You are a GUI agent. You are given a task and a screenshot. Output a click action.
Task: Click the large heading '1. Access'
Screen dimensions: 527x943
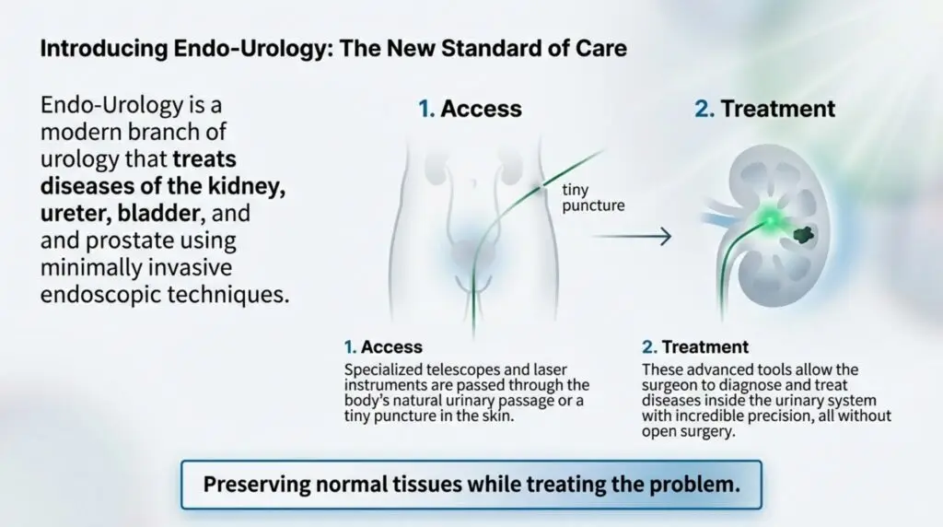pos(470,109)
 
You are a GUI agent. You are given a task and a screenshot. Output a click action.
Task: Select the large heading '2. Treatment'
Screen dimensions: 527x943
pos(764,109)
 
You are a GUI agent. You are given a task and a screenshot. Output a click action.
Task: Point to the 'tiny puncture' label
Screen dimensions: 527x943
pos(592,197)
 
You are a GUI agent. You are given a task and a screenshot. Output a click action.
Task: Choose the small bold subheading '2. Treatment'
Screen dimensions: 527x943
pos(694,347)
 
